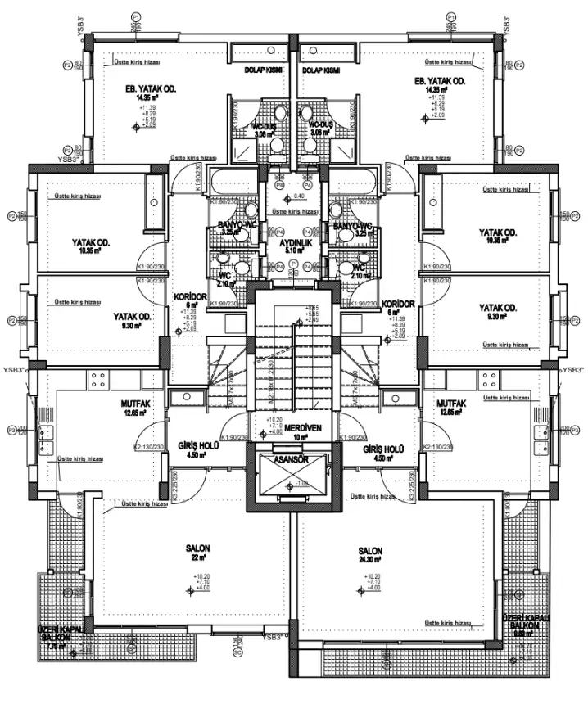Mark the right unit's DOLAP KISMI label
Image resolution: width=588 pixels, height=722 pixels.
pos(321,71)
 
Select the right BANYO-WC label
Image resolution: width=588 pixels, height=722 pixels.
pos(352,225)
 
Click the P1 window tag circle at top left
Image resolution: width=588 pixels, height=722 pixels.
pos(136,16)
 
